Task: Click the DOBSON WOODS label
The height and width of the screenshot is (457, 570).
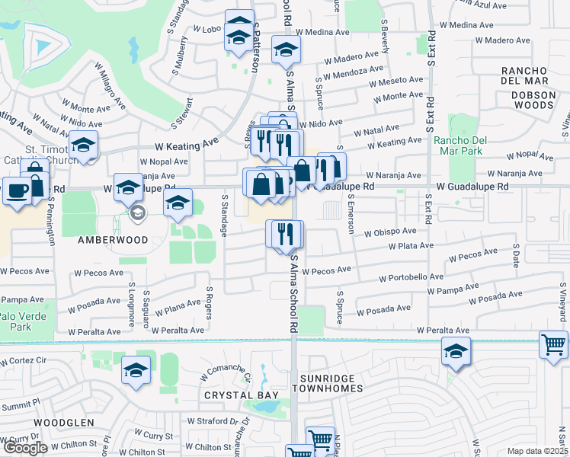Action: point(533,100)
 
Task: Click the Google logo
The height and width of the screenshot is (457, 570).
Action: point(24,448)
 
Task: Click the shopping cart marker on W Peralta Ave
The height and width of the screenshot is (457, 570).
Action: point(552,344)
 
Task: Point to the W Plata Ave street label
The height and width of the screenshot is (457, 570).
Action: point(411,246)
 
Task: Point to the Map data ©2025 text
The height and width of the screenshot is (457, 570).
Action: point(538,451)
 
